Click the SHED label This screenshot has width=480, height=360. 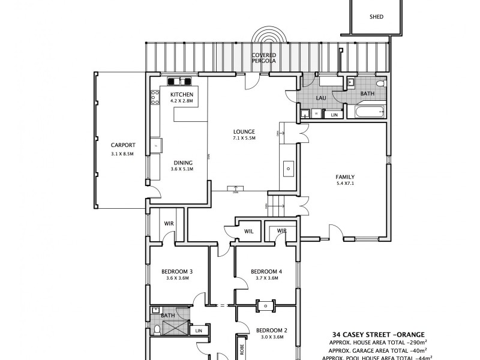pos(376,17)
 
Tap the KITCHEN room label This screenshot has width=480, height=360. pos(182,95)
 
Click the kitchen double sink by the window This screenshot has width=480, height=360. pos(179,82)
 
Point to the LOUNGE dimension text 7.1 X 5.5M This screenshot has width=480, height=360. pos(245,139)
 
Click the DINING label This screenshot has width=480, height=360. pos(182,162)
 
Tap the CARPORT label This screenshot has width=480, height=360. pos(122,145)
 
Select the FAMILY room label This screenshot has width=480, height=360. pos(345,177)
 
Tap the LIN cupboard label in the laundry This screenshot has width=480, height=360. pos(334,114)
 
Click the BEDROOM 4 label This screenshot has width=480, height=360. pos(266,271)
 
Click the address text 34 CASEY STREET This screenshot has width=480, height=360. pos(360,335)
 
